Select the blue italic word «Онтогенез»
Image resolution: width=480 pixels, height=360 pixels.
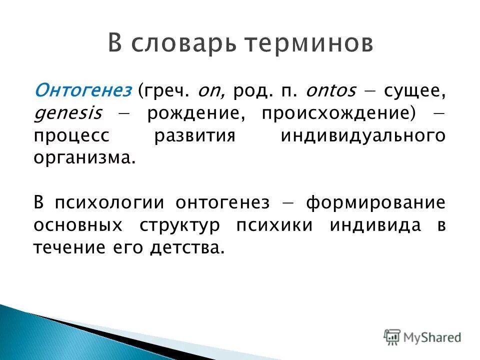pos(83,91)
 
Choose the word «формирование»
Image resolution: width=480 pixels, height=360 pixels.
pos(375,203)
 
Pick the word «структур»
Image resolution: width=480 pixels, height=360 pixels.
pos(178,225)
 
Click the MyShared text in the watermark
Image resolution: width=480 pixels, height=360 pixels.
pos(433,337)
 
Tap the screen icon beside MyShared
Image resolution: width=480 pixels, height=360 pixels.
pos(392,337)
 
